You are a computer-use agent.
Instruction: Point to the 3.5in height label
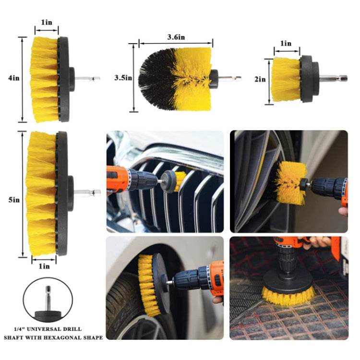point(123,78)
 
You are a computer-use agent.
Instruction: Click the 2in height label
point(260,80)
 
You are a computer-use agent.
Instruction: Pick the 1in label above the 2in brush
point(286,44)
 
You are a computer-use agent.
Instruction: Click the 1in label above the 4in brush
point(46,23)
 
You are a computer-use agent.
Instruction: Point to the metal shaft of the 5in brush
point(89,193)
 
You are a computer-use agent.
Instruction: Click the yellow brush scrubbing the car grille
point(180,180)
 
